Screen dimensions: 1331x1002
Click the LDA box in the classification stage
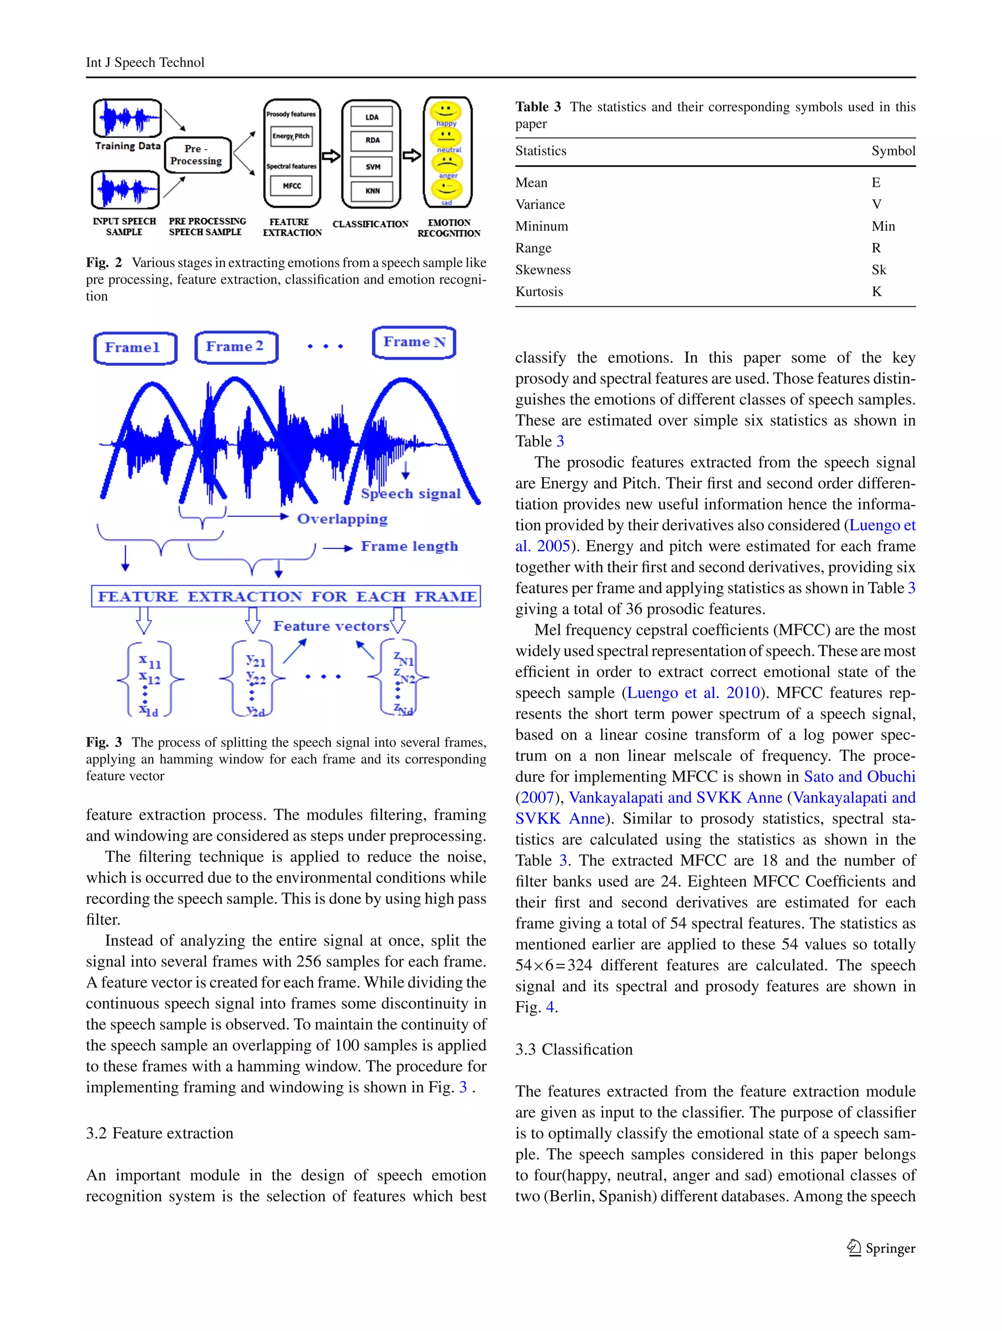pos(372,117)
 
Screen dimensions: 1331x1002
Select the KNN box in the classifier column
pos(372,191)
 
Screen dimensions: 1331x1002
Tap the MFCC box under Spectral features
pos(292,186)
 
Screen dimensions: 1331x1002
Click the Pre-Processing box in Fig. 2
pos(196,155)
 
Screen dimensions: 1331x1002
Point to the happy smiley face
pos(445,111)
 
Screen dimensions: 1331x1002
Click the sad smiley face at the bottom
pos(446,190)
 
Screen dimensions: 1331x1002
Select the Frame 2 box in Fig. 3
pos(235,347)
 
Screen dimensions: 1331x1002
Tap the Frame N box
pos(414,342)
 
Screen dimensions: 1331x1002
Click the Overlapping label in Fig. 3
pos(342,519)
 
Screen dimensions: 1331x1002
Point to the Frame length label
pos(409,546)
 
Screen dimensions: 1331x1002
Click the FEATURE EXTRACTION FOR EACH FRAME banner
pos(286,596)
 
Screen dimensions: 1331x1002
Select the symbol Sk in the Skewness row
pos(879,270)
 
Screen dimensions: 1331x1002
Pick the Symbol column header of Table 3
pos(893,151)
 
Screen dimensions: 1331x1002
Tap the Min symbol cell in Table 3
pos(883,226)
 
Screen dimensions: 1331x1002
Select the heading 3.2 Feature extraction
pos(159,1134)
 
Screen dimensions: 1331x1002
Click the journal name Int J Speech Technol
pos(145,63)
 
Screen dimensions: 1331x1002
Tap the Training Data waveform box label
pos(128,146)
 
